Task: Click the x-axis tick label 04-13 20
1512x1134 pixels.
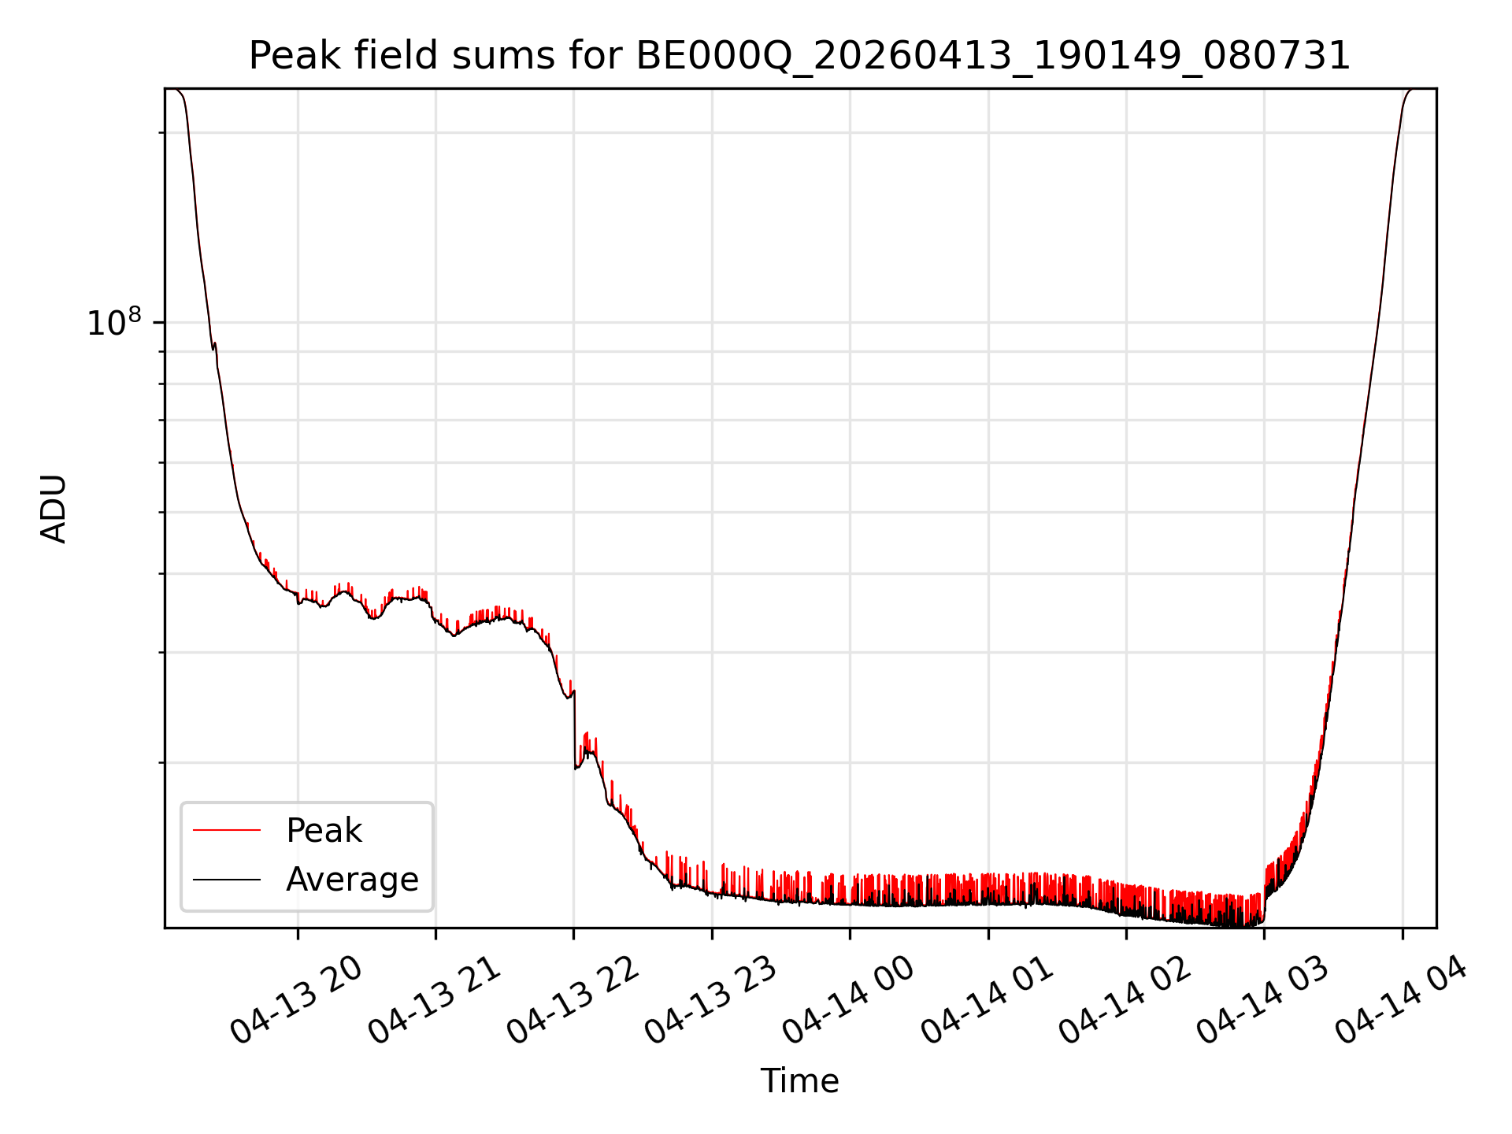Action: (297, 1000)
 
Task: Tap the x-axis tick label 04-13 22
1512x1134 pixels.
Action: (573, 1000)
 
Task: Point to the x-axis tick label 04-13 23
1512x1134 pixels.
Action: (712, 1000)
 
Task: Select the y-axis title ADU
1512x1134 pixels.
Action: (54, 509)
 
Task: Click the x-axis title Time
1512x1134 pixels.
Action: (799, 1081)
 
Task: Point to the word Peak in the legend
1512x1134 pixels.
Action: (324, 831)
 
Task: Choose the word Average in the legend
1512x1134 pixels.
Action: (352, 880)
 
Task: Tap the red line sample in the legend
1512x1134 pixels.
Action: (227, 830)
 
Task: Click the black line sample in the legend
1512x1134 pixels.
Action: (227, 879)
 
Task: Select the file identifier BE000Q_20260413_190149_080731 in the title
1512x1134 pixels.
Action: (992, 57)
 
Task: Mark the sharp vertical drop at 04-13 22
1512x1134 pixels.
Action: (575, 729)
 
